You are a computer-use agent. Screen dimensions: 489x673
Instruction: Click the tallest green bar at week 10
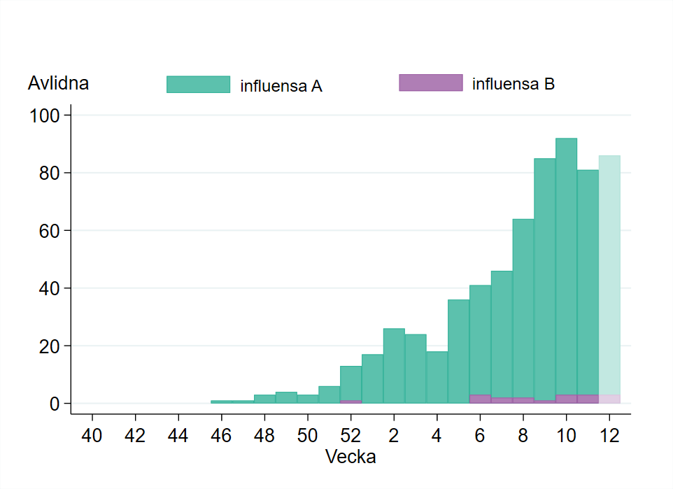pyautogui.click(x=566, y=266)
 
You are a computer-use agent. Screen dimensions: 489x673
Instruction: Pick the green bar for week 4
pyautogui.click(x=437, y=377)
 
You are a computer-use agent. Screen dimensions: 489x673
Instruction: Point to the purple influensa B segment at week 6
pyautogui.click(x=480, y=399)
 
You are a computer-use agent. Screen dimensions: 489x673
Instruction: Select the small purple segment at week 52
pyautogui.click(x=350, y=402)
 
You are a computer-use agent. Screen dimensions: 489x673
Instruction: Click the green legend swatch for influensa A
pyautogui.click(x=198, y=84)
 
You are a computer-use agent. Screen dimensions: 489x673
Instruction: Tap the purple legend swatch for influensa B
pyautogui.click(x=430, y=83)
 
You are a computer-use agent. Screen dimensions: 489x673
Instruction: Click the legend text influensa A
pyautogui.click(x=281, y=86)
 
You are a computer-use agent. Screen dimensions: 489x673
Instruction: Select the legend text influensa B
pyautogui.click(x=513, y=85)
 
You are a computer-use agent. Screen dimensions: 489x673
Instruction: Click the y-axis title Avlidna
pyautogui.click(x=58, y=83)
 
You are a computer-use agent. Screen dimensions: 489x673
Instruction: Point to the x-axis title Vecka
pyautogui.click(x=350, y=458)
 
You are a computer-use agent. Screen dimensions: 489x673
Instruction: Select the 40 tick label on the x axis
pyautogui.click(x=92, y=434)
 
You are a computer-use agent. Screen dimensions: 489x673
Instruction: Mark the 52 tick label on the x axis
pyautogui.click(x=350, y=434)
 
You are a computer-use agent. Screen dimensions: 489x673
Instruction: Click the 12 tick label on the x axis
pyautogui.click(x=609, y=434)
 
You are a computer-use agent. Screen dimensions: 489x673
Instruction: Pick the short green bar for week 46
pyautogui.click(x=221, y=402)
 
